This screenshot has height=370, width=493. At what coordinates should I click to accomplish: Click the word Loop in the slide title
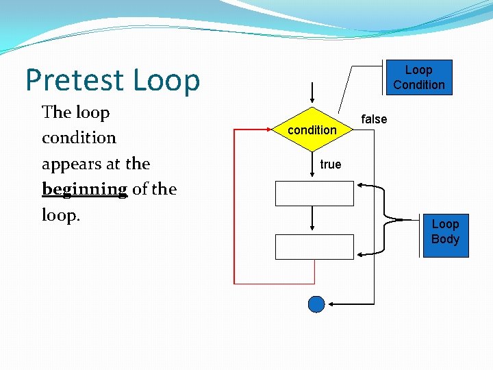[166, 81]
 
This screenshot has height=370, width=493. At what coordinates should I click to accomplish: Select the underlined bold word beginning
[84, 189]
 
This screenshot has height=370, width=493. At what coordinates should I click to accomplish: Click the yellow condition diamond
[312, 129]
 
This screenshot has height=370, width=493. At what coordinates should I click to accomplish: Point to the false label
[374, 119]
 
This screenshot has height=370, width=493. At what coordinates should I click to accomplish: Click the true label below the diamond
[330, 164]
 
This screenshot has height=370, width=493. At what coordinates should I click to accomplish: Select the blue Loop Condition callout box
[418, 77]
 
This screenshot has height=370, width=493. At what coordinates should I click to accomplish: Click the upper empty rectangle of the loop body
[314, 193]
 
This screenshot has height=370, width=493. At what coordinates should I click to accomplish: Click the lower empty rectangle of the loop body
[314, 247]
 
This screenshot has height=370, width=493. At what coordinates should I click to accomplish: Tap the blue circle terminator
[316, 304]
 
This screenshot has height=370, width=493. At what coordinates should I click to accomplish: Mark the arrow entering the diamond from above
[312, 93]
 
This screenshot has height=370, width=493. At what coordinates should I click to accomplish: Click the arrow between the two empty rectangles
[312, 219]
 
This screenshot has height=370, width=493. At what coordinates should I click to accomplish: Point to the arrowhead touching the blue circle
[330, 304]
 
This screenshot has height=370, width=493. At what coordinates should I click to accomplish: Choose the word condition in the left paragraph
[79, 138]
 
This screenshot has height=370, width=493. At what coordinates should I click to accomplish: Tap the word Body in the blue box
[445, 239]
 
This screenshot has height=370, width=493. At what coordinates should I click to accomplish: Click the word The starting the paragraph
[56, 112]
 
